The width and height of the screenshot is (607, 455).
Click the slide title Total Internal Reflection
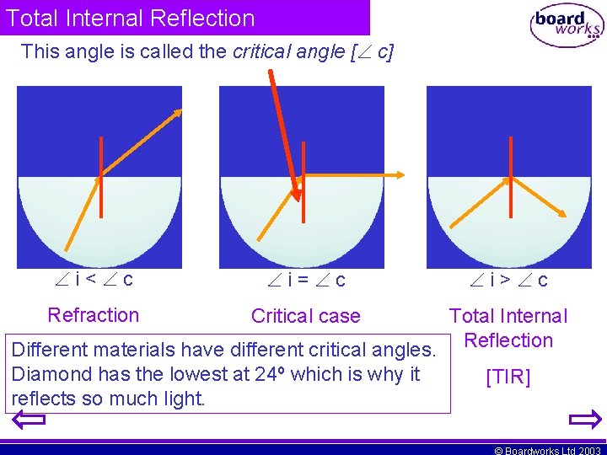pyautogui.click(x=130, y=18)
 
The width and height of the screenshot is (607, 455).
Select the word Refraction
pyautogui.click(x=94, y=315)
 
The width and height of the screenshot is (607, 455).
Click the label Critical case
pyautogui.click(x=305, y=316)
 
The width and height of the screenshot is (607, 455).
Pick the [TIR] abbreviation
pyautogui.click(x=508, y=377)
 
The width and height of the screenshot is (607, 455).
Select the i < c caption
pyautogui.click(x=93, y=279)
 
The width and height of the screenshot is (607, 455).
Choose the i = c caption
pyautogui.click(x=305, y=280)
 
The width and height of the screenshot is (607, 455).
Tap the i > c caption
pyautogui.click(x=508, y=280)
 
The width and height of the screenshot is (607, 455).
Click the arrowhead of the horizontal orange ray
pyautogui.click(x=400, y=175)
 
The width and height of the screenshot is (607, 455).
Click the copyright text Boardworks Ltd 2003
pyautogui.click(x=548, y=450)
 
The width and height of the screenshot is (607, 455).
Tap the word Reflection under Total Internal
pyautogui.click(x=508, y=340)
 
